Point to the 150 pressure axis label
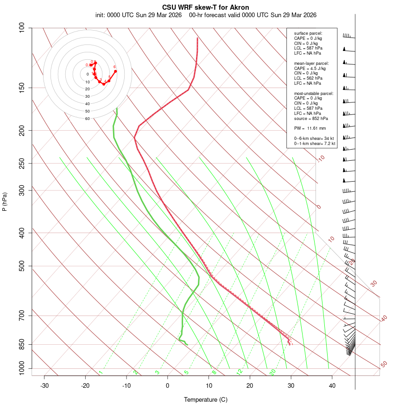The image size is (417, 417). click(x=22, y=88)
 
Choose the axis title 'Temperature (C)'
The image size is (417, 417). click(x=206, y=399)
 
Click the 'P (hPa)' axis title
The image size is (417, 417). click(x=5, y=202)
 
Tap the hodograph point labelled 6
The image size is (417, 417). click(x=115, y=71)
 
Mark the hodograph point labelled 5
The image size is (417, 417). click(x=109, y=81)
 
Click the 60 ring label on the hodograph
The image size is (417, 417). click(x=87, y=119)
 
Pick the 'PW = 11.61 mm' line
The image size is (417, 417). click(x=310, y=128)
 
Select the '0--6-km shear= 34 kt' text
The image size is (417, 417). click(x=315, y=139)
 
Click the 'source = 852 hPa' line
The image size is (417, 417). click(x=311, y=119)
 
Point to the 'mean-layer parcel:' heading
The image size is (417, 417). click(x=311, y=63)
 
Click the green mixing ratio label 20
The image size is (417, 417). click(x=273, y=372)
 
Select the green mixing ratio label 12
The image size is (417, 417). click(x=240, y=372)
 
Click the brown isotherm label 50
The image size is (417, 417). click(x=384, y=364)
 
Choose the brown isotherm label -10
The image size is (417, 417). click(x=321, y=158)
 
